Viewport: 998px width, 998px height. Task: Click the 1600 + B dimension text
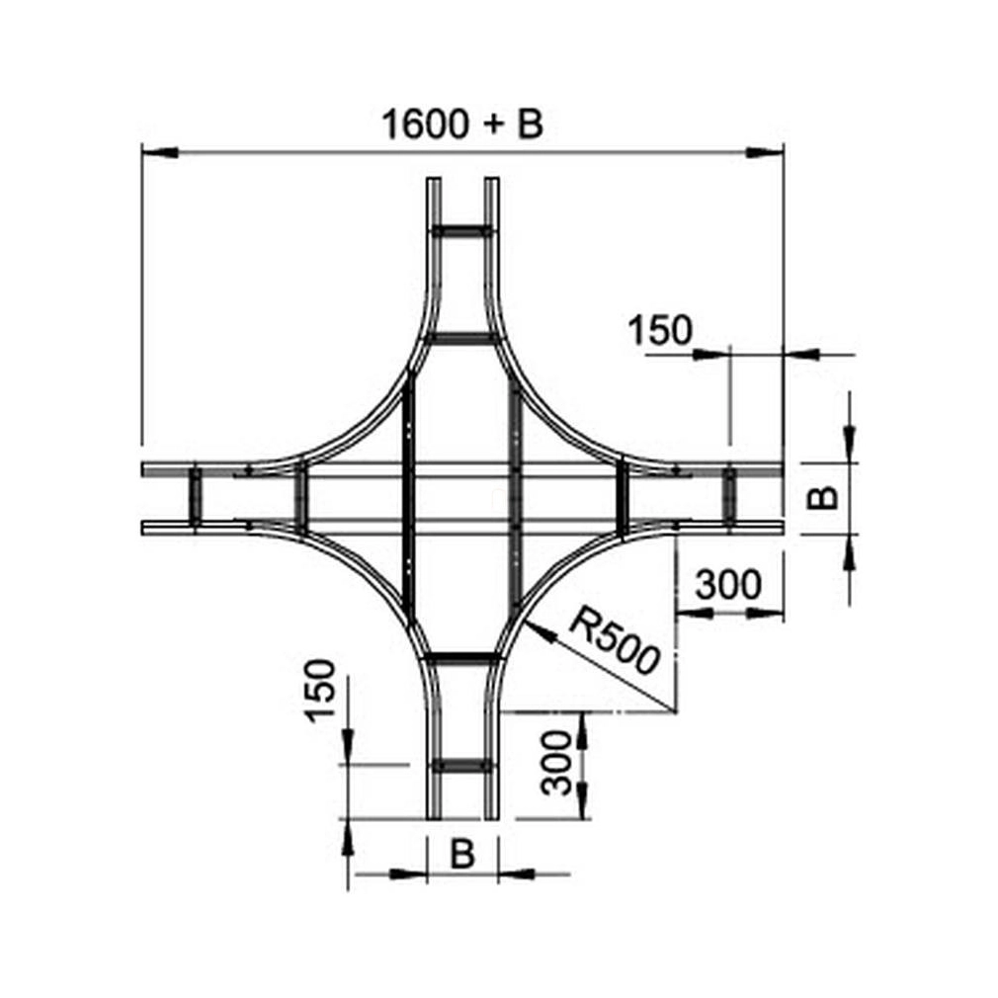(462, 125)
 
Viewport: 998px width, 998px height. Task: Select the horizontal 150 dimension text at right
(659, 330)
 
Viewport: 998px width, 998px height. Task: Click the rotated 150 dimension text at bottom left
(320, 691)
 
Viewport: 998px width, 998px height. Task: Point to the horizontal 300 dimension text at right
(728, 584)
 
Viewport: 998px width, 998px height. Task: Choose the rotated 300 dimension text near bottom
(555, 763)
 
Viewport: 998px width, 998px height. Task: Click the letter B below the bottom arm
(462, 854)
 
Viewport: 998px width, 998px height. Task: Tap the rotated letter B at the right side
(822, 498)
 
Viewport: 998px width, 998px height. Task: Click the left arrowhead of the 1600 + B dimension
(159, 152)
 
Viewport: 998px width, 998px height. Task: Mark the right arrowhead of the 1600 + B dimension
(765, 152)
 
